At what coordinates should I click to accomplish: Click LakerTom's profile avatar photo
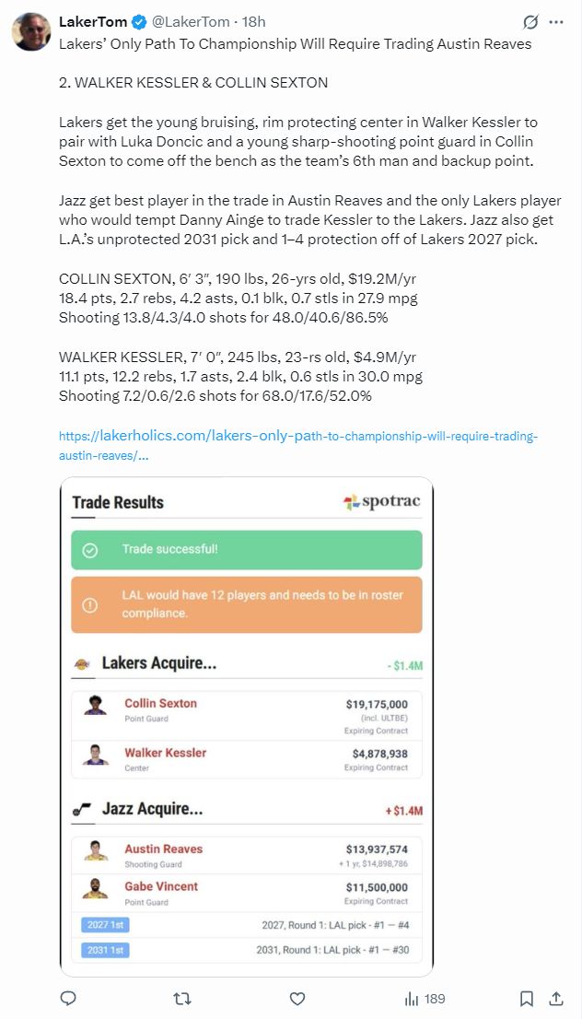click(x=31, y=31)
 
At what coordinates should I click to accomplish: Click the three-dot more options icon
click(x=556, y=21)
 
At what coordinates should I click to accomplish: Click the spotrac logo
click(x=381, y=502)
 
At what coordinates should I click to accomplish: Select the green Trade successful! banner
click(x=247, y=550)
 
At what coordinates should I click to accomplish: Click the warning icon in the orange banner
click(x=90, y=604)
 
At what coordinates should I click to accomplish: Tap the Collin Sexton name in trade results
click(x=161, y=703)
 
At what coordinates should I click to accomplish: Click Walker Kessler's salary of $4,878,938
click(x=377, y=753)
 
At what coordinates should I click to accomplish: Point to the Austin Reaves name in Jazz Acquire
click(x=164, y=849)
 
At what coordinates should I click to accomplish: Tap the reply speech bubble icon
click(x=68, y=999)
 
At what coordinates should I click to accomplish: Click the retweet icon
click(x=182, y=999)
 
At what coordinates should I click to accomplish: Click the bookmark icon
click(x=526, y=999)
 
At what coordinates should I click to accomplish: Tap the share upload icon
click(x=556, y=999)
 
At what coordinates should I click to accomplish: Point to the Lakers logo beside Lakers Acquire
click(x=82, y=663)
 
